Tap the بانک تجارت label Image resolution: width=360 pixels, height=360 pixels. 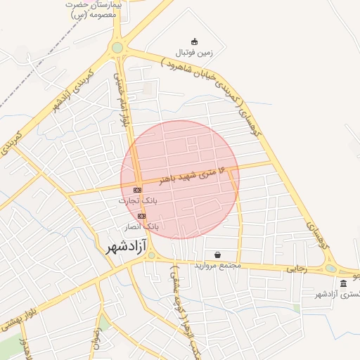point(137,200)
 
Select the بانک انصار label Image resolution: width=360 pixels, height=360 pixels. point(142,226)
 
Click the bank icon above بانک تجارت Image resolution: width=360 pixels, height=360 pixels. point(137,190)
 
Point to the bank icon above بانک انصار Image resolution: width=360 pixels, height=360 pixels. point(142,216)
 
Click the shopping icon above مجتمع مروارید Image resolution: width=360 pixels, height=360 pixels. point(217,255)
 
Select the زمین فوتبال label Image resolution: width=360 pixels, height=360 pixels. point(193,53)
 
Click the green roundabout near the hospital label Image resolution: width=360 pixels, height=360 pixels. point(117,48)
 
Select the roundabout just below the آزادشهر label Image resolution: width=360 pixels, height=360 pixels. point(150,255)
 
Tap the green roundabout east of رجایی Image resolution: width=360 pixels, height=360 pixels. point(330,267)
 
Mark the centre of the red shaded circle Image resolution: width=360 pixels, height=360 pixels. point(180,179)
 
